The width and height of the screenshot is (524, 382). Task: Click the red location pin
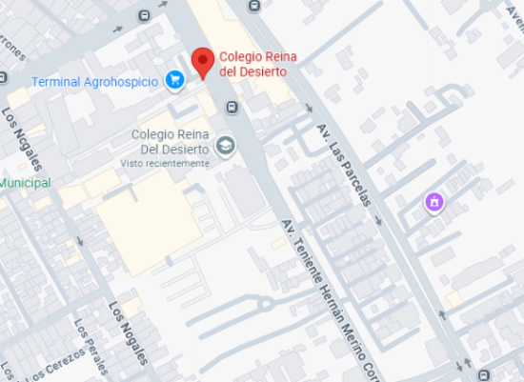(x=202, y=61)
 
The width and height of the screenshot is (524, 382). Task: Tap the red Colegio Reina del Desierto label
(x=253, y=64)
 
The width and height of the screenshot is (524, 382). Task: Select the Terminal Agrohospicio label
(x=94, y=81)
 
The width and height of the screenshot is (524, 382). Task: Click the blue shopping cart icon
(x=174, y=80)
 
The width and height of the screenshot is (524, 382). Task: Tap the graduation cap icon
(x=225, y=146)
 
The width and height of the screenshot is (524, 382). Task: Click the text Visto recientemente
(x=164, y=163)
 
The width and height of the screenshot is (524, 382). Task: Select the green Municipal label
(x=25, y=182)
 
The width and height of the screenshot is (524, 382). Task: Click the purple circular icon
(x=434, y=202)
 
